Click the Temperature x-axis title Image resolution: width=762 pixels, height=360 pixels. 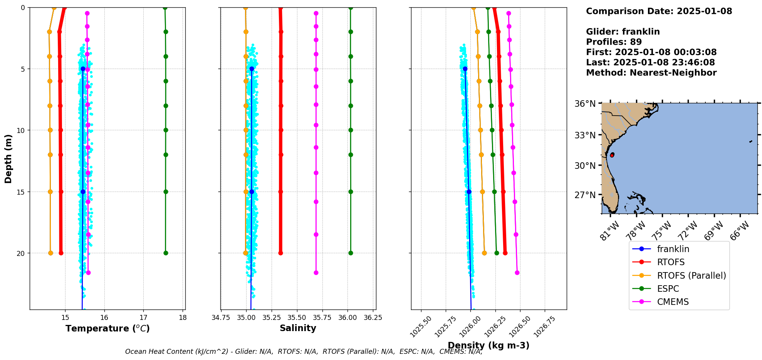107,328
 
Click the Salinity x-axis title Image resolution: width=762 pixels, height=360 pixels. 298,328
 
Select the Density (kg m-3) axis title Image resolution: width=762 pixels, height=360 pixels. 488,345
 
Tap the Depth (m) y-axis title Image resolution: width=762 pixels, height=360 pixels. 8,158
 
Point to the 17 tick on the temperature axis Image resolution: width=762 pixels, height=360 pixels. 143,318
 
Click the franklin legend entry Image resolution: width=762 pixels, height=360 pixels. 673,249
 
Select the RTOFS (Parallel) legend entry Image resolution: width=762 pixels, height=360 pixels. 691,276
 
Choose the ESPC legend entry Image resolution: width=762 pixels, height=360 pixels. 668,289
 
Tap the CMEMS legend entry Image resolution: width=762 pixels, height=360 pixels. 673,302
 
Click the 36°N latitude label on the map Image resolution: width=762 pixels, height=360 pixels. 585,104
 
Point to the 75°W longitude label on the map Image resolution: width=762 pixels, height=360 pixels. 663,231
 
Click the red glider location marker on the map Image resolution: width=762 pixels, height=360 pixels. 612,155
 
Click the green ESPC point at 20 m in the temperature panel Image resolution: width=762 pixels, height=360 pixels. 166,253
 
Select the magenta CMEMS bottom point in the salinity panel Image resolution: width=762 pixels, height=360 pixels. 316,273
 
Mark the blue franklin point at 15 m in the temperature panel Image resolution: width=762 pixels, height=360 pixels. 83,192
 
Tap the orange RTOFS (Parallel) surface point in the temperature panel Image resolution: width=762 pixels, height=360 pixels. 54,8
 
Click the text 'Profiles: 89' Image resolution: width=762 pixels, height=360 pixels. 614,42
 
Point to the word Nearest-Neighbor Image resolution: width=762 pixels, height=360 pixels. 673,73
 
